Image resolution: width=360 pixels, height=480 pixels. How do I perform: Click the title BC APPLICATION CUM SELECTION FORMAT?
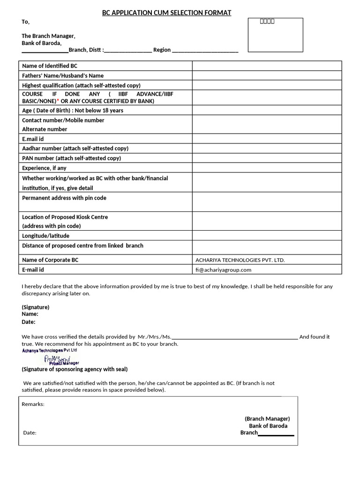(x=166, y=13)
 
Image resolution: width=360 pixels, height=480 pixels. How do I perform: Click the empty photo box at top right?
(x=275, y=35)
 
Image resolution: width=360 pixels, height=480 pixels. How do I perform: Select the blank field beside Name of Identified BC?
(x=267, y=66)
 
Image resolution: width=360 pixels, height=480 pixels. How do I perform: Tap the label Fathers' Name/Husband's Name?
(x=63, y=75)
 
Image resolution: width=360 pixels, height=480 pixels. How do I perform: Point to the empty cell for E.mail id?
(x=267, y=139)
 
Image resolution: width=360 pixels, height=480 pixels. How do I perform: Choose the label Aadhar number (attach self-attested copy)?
(x=75, y=149)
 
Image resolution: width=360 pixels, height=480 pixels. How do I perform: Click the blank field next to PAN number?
(x=267, y=158)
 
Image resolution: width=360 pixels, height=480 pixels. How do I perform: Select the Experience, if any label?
(x=44, y=168)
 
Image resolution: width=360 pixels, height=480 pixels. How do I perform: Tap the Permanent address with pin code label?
(x=64, y=198)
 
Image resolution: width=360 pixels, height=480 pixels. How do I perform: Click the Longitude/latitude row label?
(x=45, y=236)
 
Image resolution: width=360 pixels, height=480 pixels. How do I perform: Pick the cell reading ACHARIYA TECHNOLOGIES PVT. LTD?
(x=240, y=260)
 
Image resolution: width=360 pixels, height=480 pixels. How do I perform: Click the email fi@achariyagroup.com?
(x=224, y=270)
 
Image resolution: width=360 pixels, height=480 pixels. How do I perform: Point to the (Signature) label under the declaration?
(x=36, y=307)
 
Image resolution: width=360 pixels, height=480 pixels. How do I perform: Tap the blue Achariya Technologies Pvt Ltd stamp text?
(x=49, y=350)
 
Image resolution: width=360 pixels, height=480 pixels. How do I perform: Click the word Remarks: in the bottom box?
(x=33, y=404)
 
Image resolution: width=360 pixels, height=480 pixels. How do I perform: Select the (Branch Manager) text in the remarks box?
(x=267, y=419)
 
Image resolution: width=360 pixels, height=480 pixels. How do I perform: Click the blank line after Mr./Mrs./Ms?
(x=234, y=337)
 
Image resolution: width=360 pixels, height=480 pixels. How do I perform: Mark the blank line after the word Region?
(x=205, y=50)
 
